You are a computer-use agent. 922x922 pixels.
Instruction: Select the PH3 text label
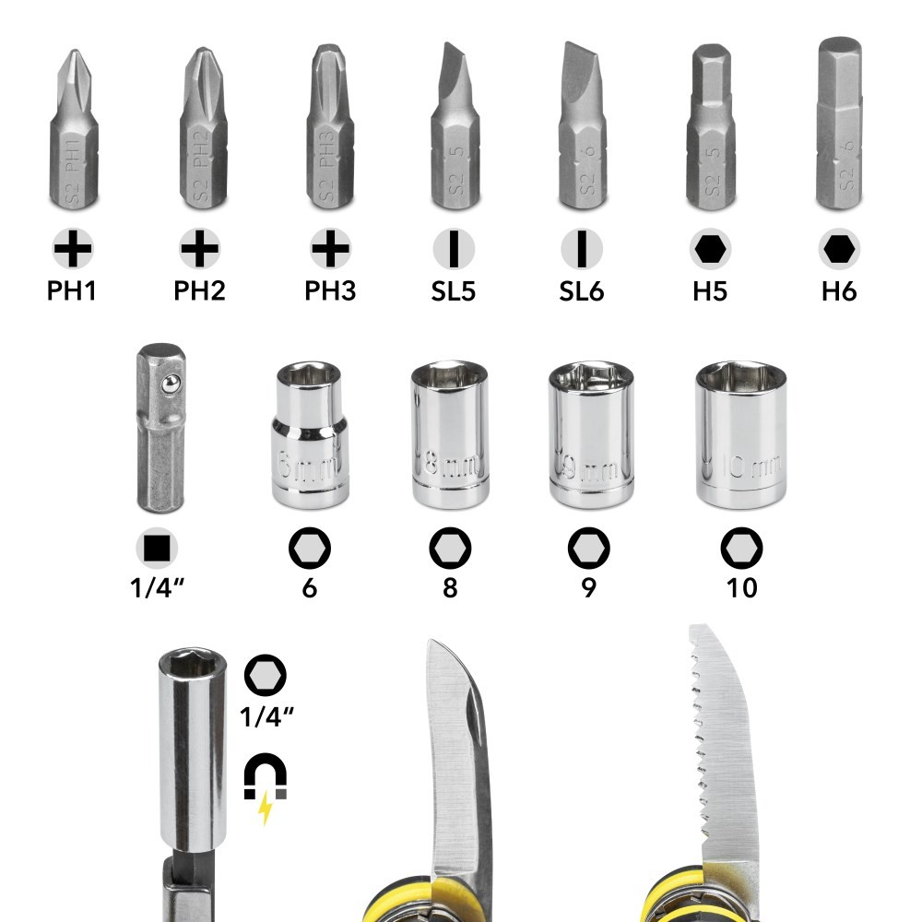pos(330,291)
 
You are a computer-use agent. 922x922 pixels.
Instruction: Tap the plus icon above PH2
pos(199,248)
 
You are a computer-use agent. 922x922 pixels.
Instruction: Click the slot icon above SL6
pos(583,248)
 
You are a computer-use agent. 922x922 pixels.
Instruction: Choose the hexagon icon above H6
pos(839,248)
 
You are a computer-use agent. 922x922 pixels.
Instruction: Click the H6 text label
pos(839,291)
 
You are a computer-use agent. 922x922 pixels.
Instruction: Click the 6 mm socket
pos(310,438)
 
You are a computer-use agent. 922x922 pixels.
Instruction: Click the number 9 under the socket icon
pos(589,587)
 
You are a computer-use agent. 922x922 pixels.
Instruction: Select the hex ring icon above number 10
pos(742,549)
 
